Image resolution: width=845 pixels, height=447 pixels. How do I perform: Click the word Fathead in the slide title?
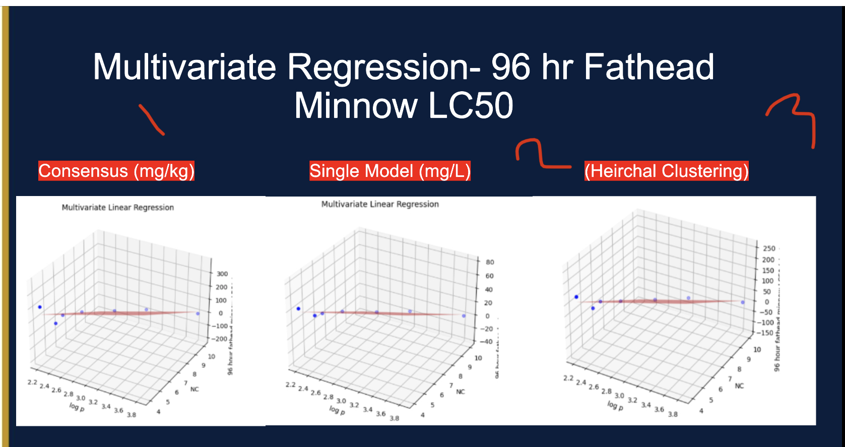(x=648, y=67)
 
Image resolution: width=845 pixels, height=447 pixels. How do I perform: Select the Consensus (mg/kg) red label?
(x=116, y=171)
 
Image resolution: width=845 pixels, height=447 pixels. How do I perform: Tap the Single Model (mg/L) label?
(x=389, y=171)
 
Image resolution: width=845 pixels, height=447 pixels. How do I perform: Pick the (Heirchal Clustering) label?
(x=666, y=171)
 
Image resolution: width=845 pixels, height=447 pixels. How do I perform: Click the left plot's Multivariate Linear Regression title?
(x=117, y=207)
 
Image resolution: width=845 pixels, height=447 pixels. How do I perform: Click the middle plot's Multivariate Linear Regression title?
(x=380, y=204)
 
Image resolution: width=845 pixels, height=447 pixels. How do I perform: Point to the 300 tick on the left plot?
(x=222, y=274)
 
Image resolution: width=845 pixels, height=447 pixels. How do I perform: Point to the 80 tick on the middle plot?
(x=490, y=262)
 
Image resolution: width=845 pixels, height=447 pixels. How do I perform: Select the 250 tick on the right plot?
(x=769, y=248)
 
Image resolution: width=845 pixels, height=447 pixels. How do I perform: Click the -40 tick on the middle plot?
(x=486, y=341)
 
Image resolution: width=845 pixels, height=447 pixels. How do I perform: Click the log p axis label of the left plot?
(x=77, y=406)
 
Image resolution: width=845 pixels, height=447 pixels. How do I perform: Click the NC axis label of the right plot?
(x=739, y=386)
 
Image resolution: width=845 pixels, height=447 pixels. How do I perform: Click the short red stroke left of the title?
(x=151, y=120)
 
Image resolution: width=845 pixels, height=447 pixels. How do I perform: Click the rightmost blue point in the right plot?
(x=742, y=302)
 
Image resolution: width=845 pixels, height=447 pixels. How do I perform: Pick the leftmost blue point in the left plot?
(x=40, y=307)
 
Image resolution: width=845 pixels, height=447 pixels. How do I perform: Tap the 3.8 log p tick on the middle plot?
(x=394, y=418)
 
